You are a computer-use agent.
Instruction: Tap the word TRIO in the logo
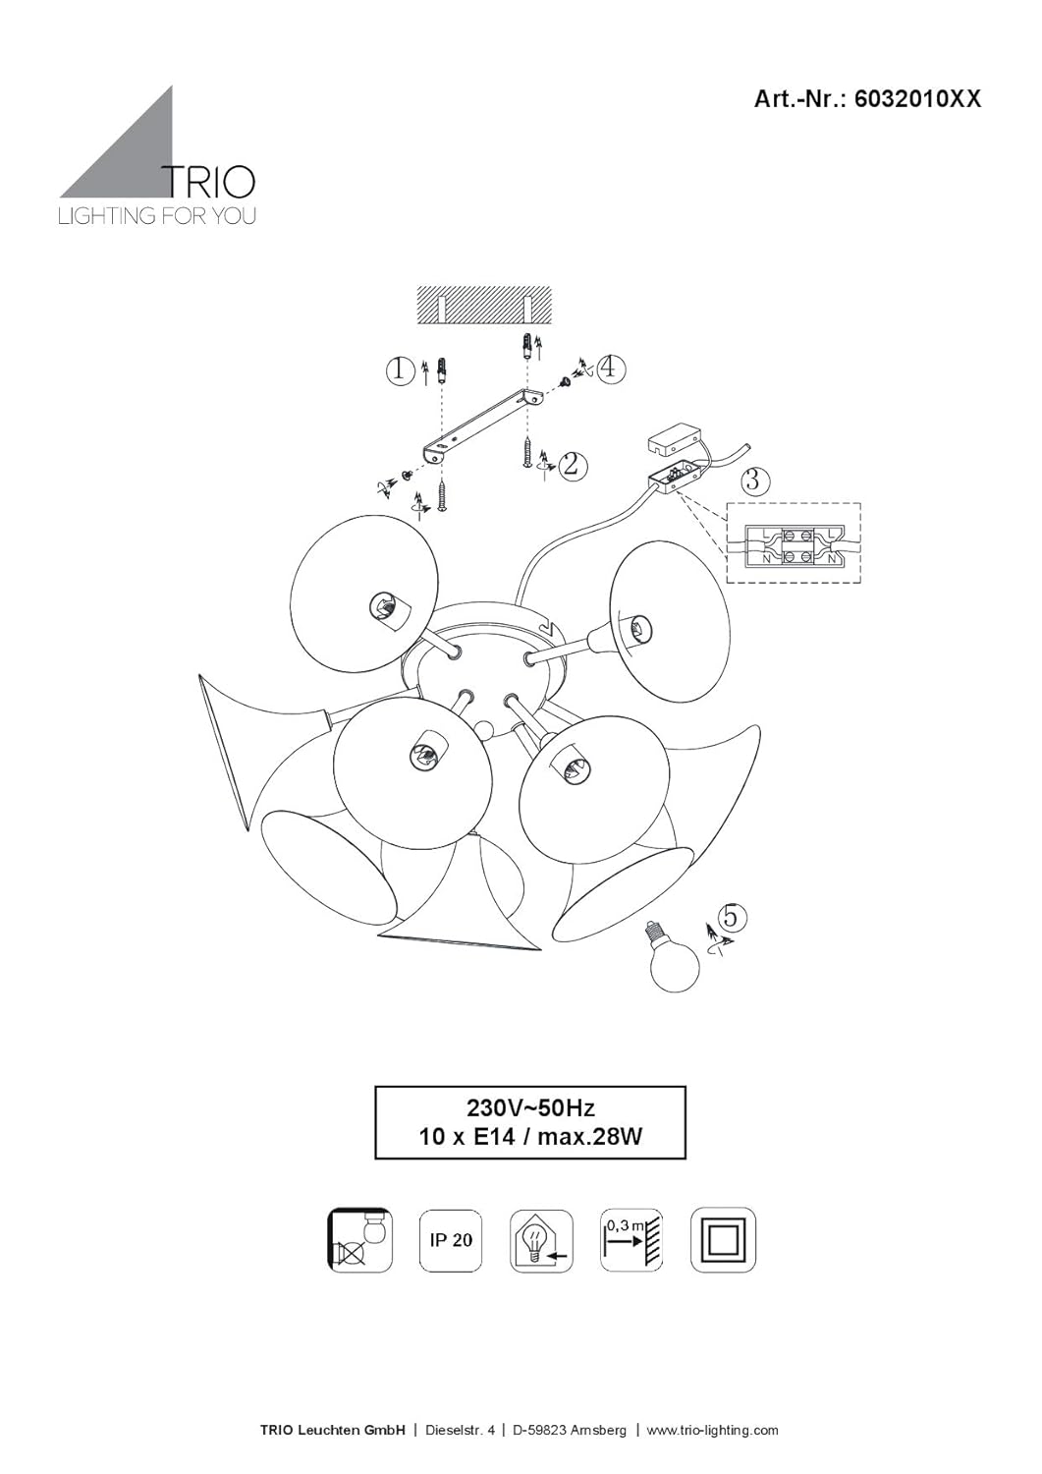pos(208,183)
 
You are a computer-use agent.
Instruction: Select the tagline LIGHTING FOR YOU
pos(157,216)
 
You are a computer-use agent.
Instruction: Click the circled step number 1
pos(399,370)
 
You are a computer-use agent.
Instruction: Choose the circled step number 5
pos(732,917)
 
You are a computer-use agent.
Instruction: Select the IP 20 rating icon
pos(451,1240)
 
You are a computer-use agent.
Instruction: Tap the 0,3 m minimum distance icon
pos(631,1240)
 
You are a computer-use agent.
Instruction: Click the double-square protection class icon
pos(723,1240)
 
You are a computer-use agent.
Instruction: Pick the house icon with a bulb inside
pos(541,1240)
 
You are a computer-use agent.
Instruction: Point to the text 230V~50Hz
pos(530,1108)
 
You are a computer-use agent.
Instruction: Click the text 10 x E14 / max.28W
pos(530,1138)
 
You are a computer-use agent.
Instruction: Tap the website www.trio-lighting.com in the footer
pos(713,1430)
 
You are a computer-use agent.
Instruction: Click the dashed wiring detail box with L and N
pos(794,543)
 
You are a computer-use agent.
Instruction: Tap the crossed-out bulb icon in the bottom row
pos(359,1240)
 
